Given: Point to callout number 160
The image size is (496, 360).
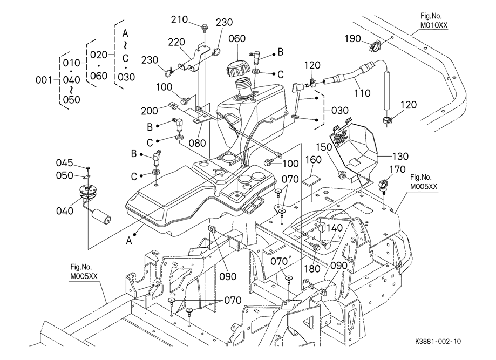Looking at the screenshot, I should coord(314,160).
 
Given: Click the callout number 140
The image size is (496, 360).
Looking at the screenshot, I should coord(335,228).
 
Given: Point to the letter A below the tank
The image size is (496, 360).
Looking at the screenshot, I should coord(130,242).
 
